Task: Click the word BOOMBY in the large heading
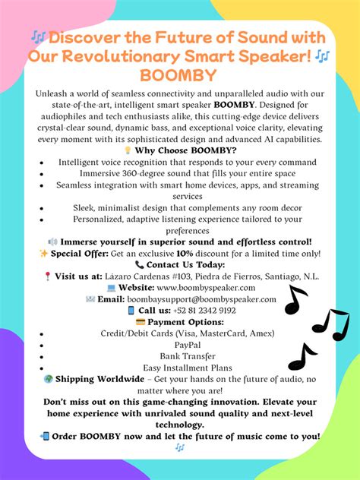click(x=178, y=75)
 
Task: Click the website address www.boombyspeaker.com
click(x=207, y=288)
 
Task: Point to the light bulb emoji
click(x=126, y=150)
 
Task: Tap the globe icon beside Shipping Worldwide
click(x=48, y=379)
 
